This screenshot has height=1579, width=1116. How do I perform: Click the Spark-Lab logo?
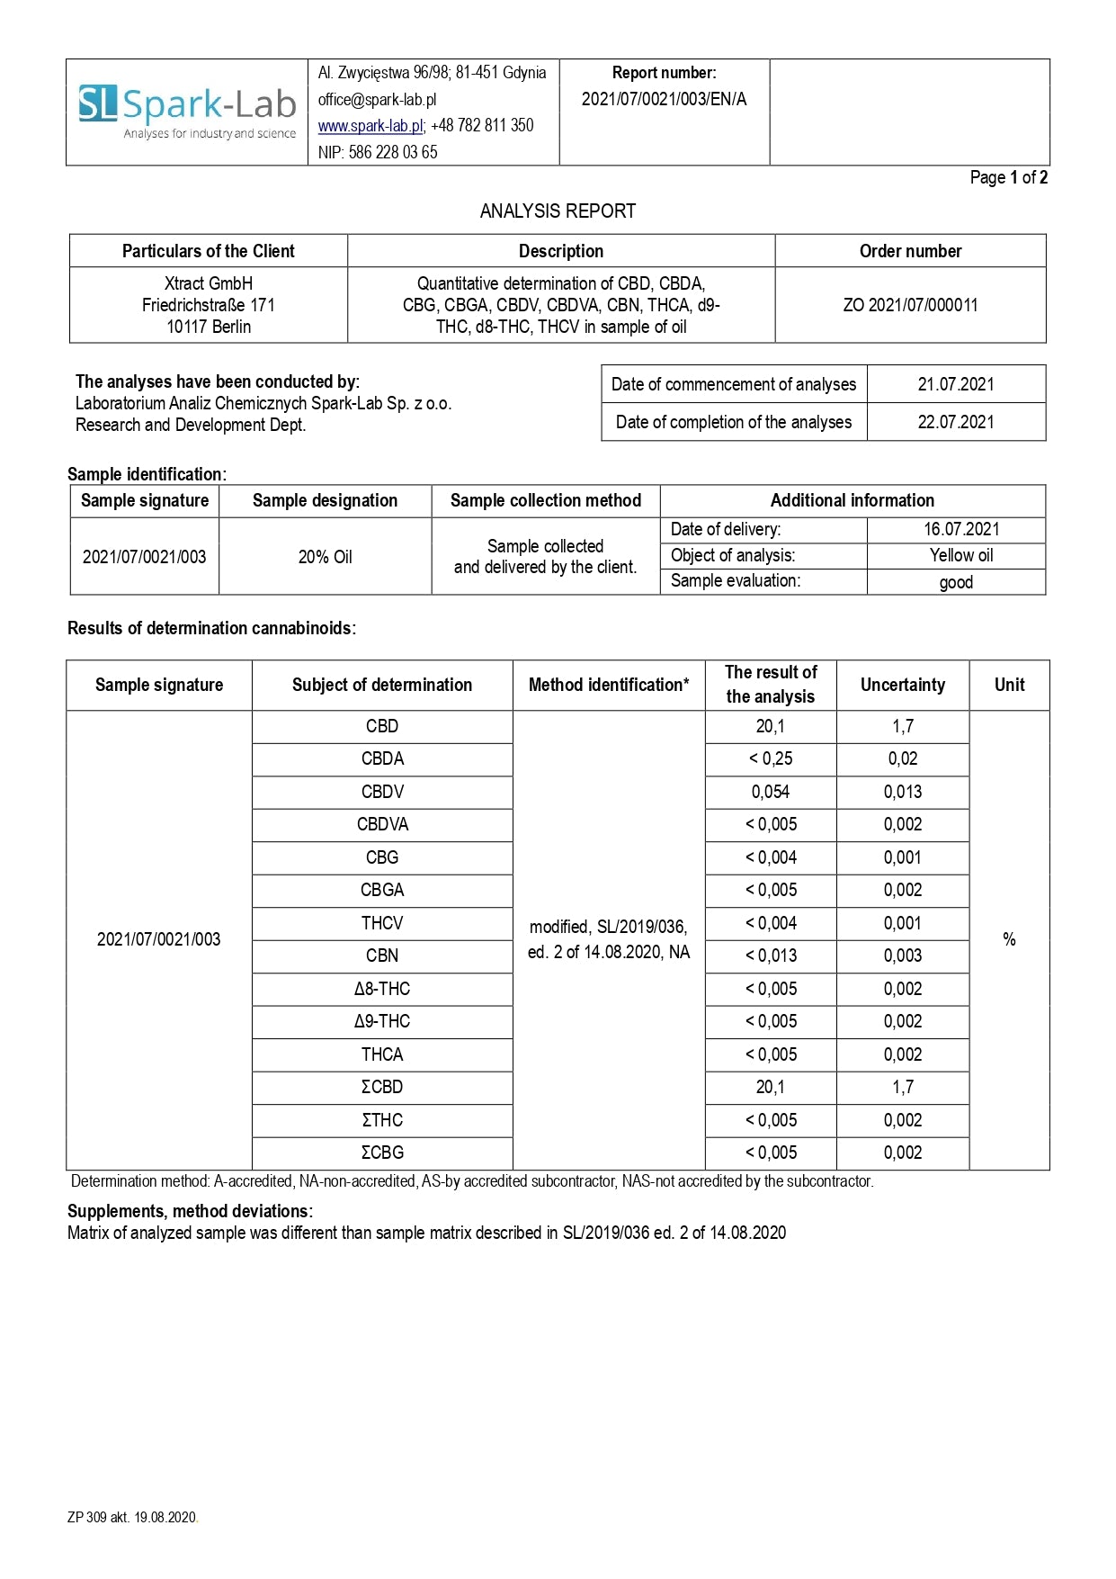pos(187,112)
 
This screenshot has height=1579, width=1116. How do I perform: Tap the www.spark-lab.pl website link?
pos(370,126)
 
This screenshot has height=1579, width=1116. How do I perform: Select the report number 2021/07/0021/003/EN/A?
pos(664,99)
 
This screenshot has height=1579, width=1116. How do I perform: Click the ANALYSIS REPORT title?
pos(558,211)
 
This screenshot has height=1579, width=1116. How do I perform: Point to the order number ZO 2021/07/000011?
pos(910,305)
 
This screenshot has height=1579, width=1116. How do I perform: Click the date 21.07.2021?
pos(956,384)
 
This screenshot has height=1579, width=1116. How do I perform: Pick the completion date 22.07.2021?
pos(956,422)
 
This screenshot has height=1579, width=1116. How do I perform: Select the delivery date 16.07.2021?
pos(961,529)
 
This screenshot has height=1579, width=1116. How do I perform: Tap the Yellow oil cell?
pos(961,555)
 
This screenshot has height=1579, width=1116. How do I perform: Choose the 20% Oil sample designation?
pos(325,557)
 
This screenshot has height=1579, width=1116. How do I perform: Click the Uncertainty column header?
pos(903,685)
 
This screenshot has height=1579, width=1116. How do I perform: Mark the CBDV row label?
pos(382,792)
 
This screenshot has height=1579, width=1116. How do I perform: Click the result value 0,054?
pos(771,792)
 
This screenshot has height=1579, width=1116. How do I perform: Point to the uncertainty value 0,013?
pos(903,792)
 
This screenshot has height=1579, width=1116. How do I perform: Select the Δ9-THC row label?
pos(382,1021)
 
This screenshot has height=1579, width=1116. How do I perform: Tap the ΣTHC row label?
pos(382,1120)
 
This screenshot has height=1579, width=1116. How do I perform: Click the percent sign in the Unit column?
pos(1009,939)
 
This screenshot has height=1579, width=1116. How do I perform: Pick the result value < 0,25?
pos(771,758)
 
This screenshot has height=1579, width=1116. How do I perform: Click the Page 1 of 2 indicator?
pos(1008,177)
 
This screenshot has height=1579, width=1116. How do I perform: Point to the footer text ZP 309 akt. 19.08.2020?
pos(132,1517)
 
